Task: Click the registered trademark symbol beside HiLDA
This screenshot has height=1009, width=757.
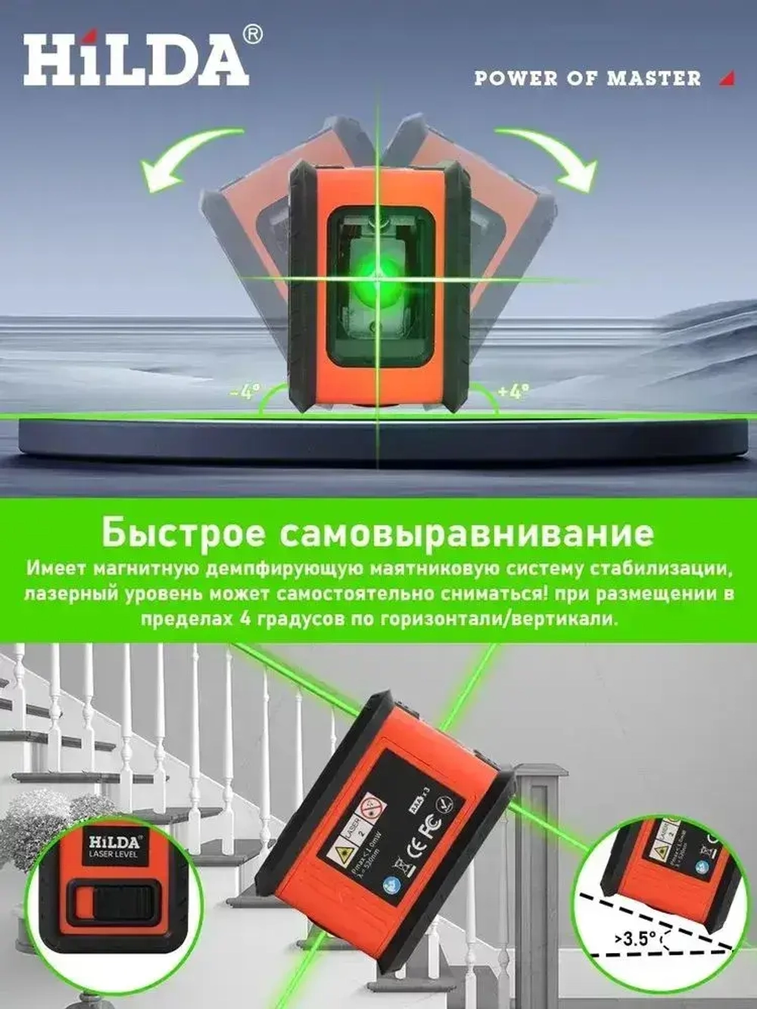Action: (254, 35)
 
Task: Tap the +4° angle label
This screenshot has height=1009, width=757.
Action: (514, 391)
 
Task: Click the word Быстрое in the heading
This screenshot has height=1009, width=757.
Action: (184, 533)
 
